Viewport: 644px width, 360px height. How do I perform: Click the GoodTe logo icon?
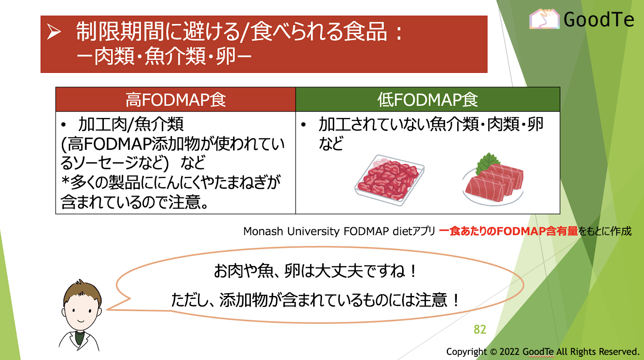[x=544, y=19]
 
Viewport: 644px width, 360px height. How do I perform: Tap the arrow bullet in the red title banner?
[x=54, y=31]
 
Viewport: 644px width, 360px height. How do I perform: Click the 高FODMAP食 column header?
[x=175, y=99]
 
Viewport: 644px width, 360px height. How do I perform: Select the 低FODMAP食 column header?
[x=427, y=99]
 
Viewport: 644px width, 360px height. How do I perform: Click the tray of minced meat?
[x=389, y=180]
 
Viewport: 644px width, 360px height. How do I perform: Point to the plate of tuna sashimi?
[x=493, y=184]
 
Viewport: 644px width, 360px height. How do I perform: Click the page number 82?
[x=480, y=329]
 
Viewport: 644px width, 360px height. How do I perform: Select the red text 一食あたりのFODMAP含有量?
[x=508, y=231]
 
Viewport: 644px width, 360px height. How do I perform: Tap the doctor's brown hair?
[x=83, y=291]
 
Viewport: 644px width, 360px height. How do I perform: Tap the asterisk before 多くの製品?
[x=66, y=181]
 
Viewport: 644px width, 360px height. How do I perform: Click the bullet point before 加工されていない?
[x=303, y=125]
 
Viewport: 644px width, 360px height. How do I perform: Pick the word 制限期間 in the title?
[x=120, y=31]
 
